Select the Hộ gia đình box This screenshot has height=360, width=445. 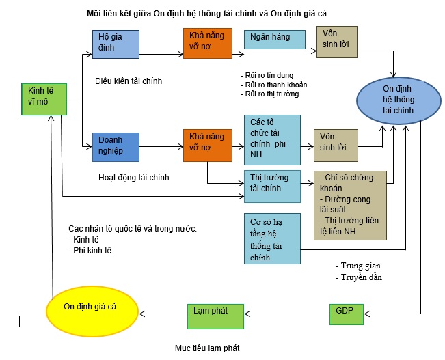point(116,44)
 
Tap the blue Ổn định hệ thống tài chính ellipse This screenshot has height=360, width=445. point(397,100)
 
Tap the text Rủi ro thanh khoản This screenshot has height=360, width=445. point(273,85)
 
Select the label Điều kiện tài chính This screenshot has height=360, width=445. point(129,81)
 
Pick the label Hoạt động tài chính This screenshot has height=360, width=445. point(134,178)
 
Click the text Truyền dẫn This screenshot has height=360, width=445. point(360,277)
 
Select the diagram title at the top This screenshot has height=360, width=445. point(211,13)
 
